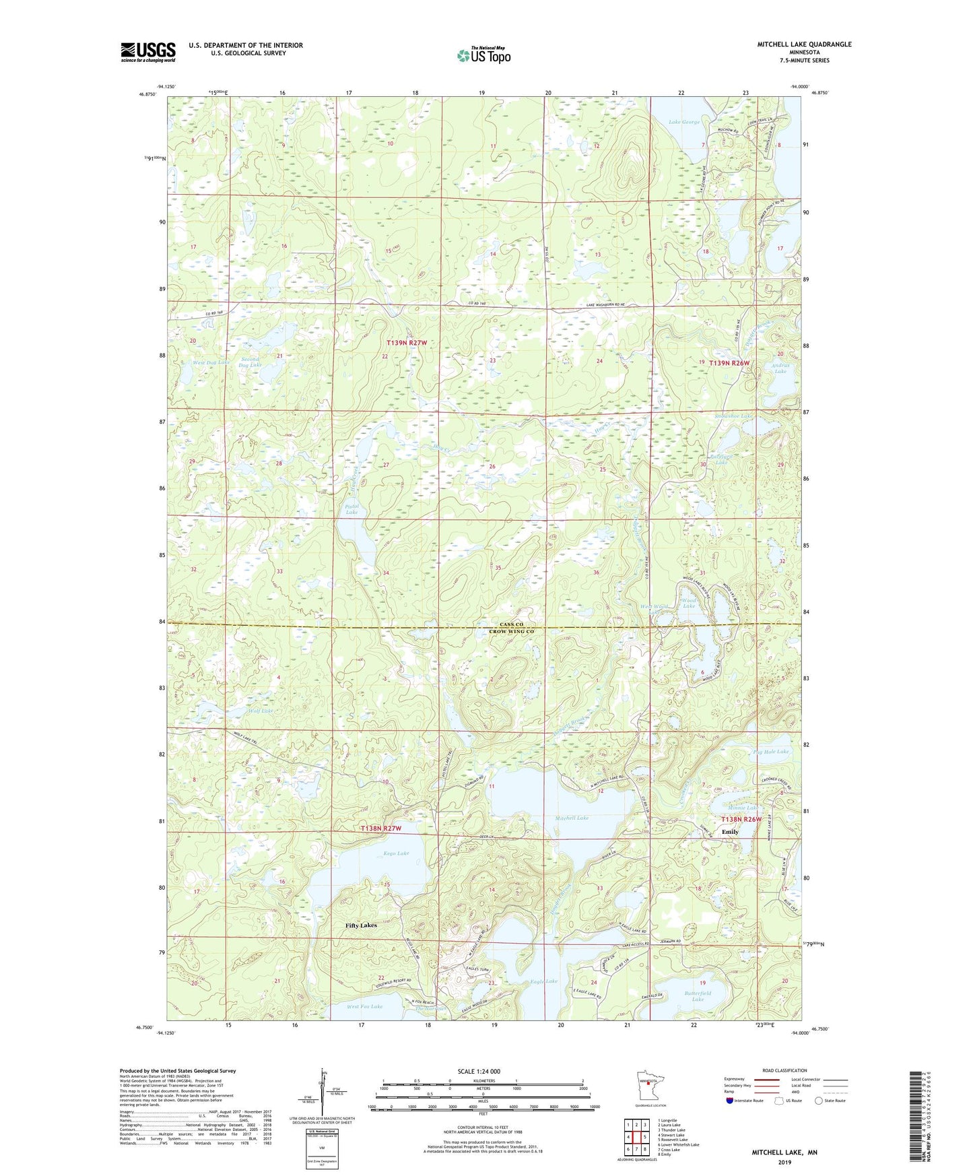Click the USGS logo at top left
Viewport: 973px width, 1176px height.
tap(148, 52)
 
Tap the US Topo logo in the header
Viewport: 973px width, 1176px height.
tap(483, 55)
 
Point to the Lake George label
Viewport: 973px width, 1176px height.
tap(684, 123)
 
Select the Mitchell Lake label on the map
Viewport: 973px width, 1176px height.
tap(572, 818)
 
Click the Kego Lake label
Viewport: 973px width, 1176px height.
tap(396, 853)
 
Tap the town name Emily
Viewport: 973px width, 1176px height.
tap(730, 832)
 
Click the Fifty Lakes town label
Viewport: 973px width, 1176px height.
tap(361, 925)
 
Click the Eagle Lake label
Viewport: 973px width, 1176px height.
tap(543, 981)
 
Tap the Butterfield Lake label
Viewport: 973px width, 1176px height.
tap(698, 996)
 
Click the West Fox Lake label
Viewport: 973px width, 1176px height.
tap(364, 1006)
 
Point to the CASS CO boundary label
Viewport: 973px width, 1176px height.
tap(510, 624)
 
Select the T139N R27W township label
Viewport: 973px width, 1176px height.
tap(407, 343)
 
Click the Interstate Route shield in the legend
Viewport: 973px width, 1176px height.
tap(731, 1119)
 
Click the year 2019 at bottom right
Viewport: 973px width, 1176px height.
tap(784, 1163)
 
